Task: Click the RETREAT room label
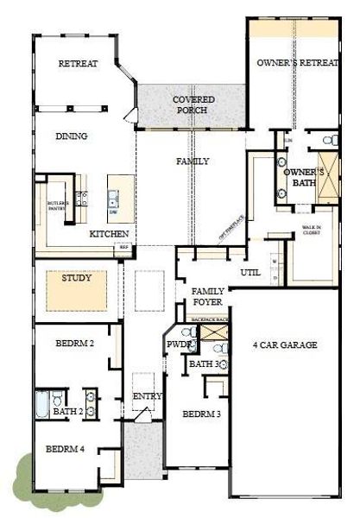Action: click(78, 64)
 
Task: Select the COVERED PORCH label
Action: click(193, 104)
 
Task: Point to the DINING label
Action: click(72, 136)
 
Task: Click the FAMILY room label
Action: click(193, 161)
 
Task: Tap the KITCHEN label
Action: click(110, 235)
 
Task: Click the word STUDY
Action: click(77, 278)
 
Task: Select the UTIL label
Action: click(250, 273)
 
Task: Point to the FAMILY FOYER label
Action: click(208, 297)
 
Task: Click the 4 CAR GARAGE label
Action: click(285, 345)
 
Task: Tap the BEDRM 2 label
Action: click(74, 344)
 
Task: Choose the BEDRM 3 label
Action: click(201, 414)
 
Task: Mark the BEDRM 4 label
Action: click(64, 449)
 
